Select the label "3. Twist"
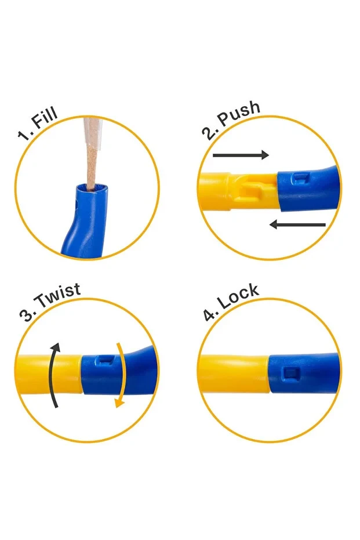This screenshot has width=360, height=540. click(50, 302)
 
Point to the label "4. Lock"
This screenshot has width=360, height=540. click(231, 302)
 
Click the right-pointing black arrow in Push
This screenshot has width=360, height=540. click(241, 155)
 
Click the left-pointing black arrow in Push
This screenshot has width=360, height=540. click(297, 225)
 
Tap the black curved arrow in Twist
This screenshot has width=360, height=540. click(54, 375)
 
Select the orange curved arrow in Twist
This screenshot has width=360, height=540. click(121, 375)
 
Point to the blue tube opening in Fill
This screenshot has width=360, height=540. click(92, 188)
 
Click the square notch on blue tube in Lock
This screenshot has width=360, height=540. click(291, 374)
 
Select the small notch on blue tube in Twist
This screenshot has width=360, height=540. click(105, 359)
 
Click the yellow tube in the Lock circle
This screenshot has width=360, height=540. click(234, 374)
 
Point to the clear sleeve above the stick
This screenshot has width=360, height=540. click(92, 133)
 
